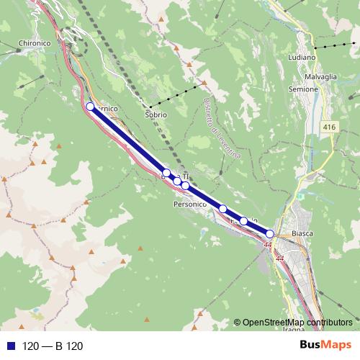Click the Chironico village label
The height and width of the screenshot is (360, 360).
click(x=35, y=43)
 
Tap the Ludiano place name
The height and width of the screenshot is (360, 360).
click(x=302, y=57)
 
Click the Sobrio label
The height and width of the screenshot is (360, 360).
click(x=156, y=114)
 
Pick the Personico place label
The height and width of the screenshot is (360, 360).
click(x=190, y=204)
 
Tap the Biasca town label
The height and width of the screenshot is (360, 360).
click(x=303, y=234)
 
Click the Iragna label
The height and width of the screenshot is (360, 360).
click(x=294, y=329)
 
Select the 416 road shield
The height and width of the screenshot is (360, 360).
click(x=329, y=127)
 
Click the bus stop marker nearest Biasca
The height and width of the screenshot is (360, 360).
click(x=270, y=233)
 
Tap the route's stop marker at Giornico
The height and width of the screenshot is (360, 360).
click(x=90, y=107)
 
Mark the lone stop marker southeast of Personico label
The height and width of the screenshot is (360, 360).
click(x=223, y=209)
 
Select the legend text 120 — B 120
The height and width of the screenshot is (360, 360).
click(x=53, y=346)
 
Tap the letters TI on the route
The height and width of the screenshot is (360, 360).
click(x=185, y=176)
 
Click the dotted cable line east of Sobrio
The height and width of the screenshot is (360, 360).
click(x=180, y=93)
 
